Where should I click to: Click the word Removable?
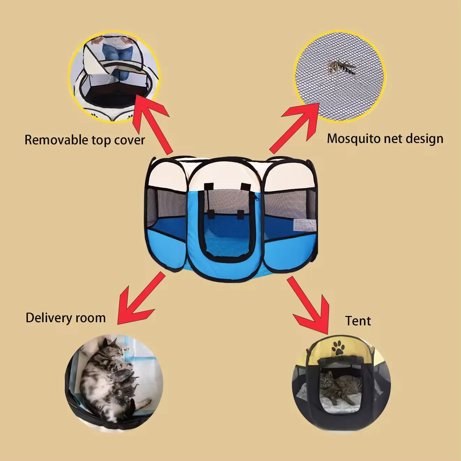point(56,140)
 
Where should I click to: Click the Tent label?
point(358,321)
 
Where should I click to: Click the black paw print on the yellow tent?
point(338,347)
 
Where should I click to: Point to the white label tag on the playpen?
point(300,225)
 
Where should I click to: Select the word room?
point(92,318)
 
